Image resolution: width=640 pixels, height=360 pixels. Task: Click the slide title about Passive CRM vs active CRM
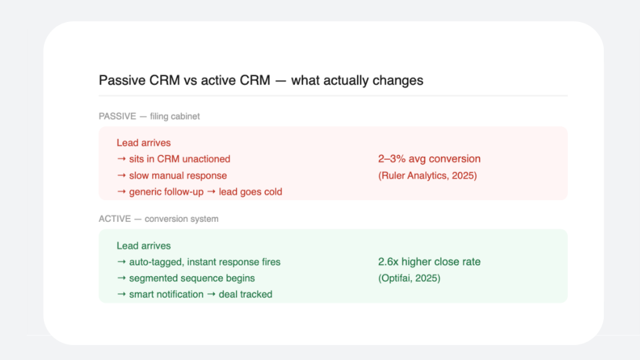(261, 81)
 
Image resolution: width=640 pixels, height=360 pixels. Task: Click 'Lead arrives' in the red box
(143, 143)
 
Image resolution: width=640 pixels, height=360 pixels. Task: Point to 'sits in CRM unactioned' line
(179, 159)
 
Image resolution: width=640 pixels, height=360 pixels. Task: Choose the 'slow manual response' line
(177, 176)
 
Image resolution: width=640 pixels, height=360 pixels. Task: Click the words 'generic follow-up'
(166, 192)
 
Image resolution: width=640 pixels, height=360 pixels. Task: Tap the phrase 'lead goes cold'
(251, 192)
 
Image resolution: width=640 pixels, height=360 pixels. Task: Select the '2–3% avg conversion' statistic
(429, 159)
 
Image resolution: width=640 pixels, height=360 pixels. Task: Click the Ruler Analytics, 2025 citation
(427, 176)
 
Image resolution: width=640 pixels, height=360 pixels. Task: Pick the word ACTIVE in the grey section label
(114, 219)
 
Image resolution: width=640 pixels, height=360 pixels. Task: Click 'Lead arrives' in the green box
(143, 246)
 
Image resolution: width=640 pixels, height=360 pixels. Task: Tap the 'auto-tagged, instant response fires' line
(204, 262)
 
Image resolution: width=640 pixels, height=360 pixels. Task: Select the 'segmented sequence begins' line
(192, 278)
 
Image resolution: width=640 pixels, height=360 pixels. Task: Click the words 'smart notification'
(166, 294)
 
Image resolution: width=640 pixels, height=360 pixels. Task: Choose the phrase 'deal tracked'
(246, 294)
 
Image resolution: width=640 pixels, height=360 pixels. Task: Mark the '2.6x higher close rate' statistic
(429, 262)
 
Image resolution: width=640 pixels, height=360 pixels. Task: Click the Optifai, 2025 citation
(409, 278)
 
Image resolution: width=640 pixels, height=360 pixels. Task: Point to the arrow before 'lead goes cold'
(211, 192)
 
